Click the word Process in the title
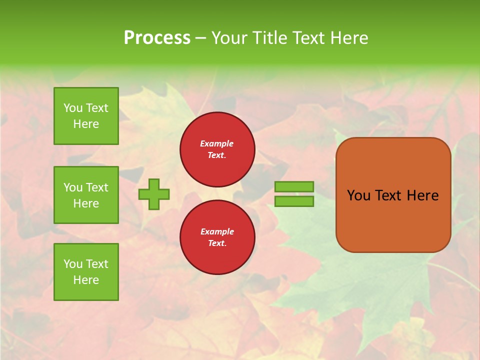tap(157, 38)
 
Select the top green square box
tap(86, 116)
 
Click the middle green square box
tap(86, 195)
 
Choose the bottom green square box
tap(86, 272)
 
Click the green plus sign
tap(154, 194)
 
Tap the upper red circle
tap(217, 149)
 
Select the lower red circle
tap(217, 237)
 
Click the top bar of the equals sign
tap(294, 186)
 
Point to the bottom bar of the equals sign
tap(294, 201)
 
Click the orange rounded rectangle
tap(393, 220)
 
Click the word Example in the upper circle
tap(216, 143)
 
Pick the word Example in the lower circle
tap(216, 231)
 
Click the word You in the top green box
tap(73, 108)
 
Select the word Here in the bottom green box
tap(86, 280)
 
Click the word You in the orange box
tap(358, 195)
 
